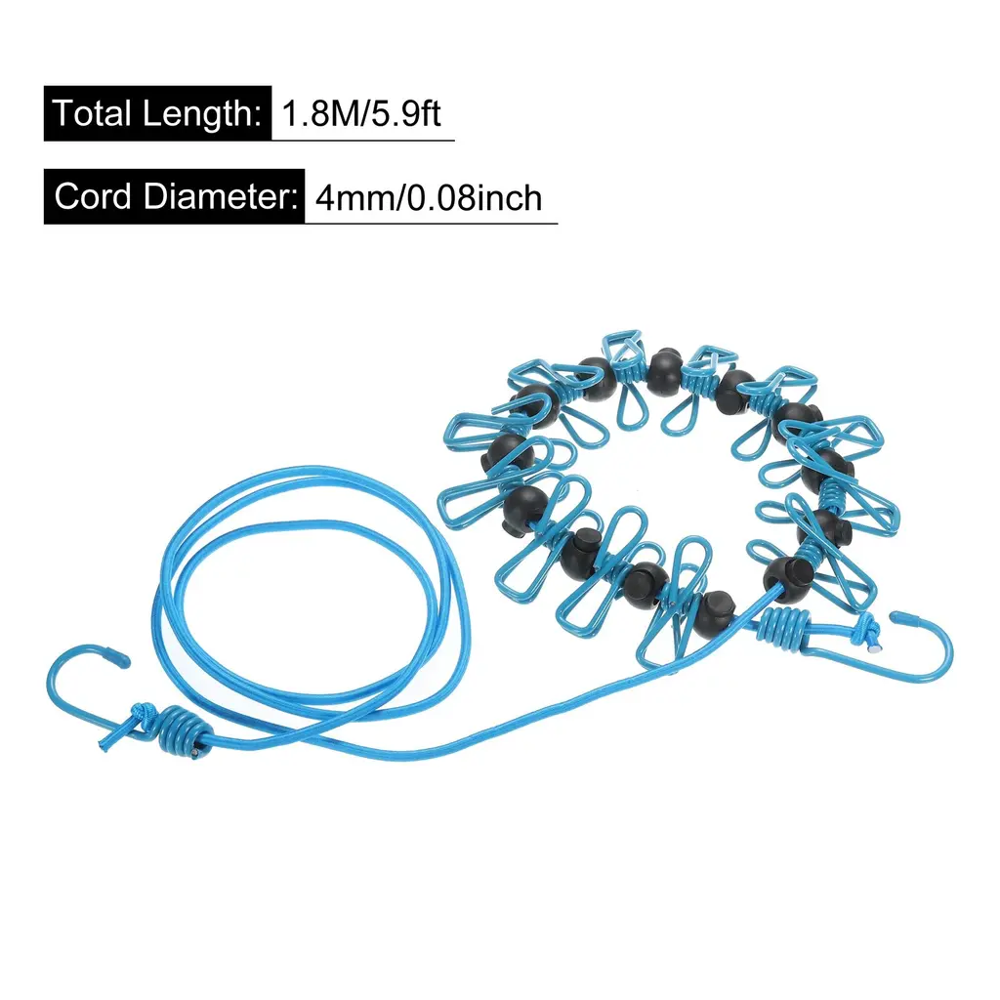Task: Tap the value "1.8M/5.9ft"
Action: tap(362, 113)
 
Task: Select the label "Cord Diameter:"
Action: tap(174, 196)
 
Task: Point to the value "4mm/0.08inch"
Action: tap(429, 198)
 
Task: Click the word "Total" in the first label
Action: tap(92, 113)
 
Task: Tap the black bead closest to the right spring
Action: tap(783, 573)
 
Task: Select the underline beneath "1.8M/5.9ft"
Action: tap(362, 141)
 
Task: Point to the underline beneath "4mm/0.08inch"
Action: tap(431, 224)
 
